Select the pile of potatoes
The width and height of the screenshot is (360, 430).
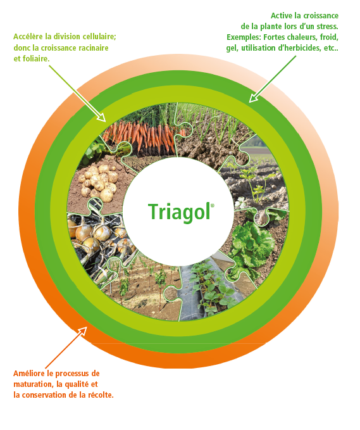(99, 182)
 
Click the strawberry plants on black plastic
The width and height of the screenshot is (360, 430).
(211, 288)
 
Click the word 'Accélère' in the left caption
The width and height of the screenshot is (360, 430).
(28, 37)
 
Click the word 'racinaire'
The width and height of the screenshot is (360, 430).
(94, 47)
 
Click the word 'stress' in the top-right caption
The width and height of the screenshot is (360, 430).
(327, 27)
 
